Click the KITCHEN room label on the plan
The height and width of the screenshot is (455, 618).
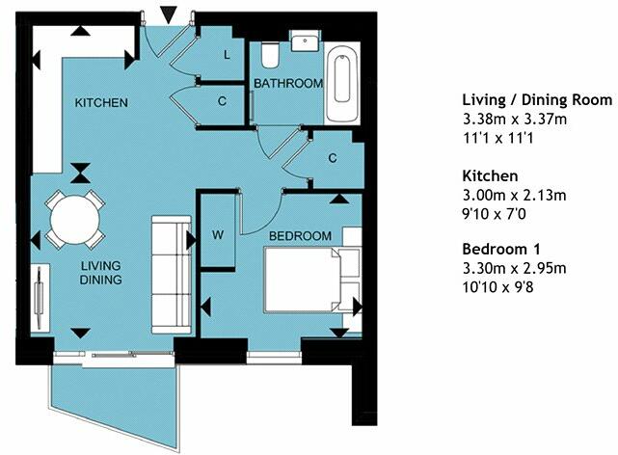pyautogui.click(x=101, y=103)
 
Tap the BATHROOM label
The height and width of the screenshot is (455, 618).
pyautogui.click(x=287, y=84)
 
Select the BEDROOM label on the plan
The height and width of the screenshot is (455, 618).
pyautogui.click(x=300, y=236)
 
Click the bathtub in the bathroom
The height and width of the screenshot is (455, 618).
pyautogui.click(x=342, y=86)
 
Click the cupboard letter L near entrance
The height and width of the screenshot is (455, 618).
pyautogui.click(x=227, y=56)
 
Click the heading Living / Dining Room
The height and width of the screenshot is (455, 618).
pyautogui.click(x=537, y=100)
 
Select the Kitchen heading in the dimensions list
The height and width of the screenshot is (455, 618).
pyautogui.click(x=490, y=176)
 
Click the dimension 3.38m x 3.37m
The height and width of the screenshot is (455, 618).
pyautogui.click(x=514, y=119)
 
